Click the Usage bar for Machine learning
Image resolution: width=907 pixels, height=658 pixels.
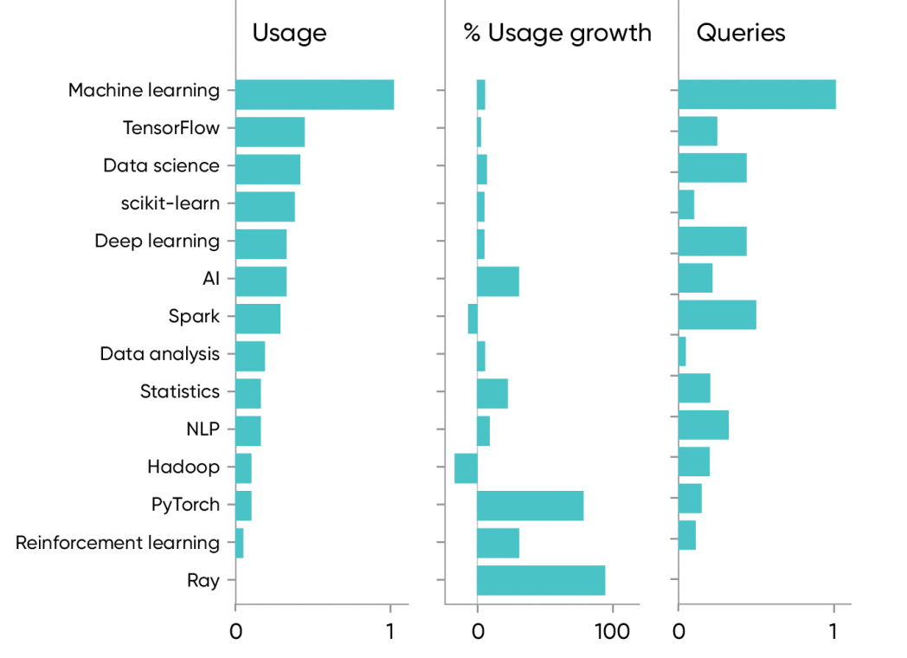(x=314, y=94)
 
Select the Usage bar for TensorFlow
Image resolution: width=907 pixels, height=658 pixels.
(x=270, y=132)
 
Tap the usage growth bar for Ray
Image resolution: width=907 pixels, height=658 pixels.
(x=541, y=580)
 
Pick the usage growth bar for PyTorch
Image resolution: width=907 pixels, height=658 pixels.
(x=530, y=505)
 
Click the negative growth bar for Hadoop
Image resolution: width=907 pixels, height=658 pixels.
(x=466, y=468)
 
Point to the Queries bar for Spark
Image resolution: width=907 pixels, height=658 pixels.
(x=717, y=315)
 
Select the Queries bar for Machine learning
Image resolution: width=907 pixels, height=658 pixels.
(x=756, y=94)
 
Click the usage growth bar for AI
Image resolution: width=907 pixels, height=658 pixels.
(x=498, y=281)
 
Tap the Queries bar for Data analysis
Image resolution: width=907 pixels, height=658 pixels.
(x=682, y=352)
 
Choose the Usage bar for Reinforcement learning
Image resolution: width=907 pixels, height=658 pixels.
(x=240, y=543)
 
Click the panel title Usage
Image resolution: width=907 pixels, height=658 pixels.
(x=289, y=33)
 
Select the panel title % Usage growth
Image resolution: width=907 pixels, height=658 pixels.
(x=557, y=33)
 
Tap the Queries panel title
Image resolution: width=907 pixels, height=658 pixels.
(x=741, y=33)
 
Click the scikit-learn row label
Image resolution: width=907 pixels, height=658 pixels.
(x=170, y=203)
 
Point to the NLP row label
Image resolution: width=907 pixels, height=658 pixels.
(x=203, y=429)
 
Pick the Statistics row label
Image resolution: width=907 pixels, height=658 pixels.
(x=180, y=391)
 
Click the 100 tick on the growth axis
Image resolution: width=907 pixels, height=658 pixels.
(x=613, y=632)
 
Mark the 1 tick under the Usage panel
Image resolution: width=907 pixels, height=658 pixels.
(x=390, y=632)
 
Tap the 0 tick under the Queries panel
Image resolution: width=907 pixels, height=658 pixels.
(x=679, y=632)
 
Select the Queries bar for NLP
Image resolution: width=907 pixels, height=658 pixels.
(x=703, y=425)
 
